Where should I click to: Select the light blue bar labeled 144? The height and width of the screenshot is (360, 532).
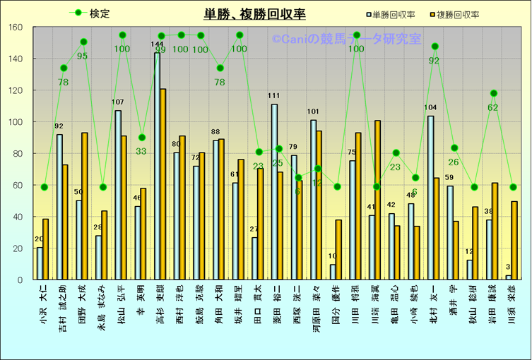pyautogui.click(x=157, y=167)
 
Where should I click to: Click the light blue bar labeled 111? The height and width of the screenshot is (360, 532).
pyautogui.click(x=274, y=192)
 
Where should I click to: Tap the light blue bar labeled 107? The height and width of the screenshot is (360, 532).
pyautogui.click(x=118, y=195)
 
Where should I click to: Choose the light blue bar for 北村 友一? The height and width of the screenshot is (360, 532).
pyautogui.click(x=430, y=198)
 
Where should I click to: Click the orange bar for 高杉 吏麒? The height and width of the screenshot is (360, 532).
pyautogui.click(x=163, y=184)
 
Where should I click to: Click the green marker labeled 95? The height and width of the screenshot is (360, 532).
pyautogui.click(x=83, y=42)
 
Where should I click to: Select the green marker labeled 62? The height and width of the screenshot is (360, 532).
pyautogui.click(x=494, y=93)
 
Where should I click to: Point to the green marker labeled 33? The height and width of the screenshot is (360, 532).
pyautogui.click(x=142, y=137)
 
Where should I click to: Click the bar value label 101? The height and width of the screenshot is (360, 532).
pyautogui.click(x=313, y=112)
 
